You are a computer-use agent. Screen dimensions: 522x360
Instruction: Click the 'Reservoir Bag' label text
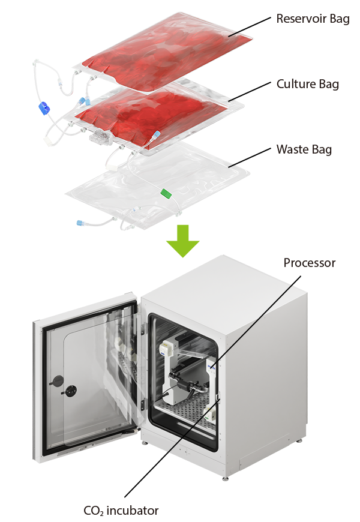point(312,19)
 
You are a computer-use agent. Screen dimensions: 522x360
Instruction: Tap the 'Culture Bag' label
point(307,84)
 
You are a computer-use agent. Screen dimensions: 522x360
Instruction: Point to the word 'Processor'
point(310,263)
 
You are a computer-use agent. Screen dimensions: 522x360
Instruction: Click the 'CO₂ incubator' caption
point(121,511)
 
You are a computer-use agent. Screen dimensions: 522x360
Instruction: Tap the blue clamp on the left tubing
point(42,109)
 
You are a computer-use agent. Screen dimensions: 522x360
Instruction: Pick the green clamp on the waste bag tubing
point(166,193)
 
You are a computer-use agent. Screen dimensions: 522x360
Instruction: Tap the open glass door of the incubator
point(90,372)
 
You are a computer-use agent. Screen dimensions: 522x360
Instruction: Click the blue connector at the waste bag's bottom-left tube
point(80,223)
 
